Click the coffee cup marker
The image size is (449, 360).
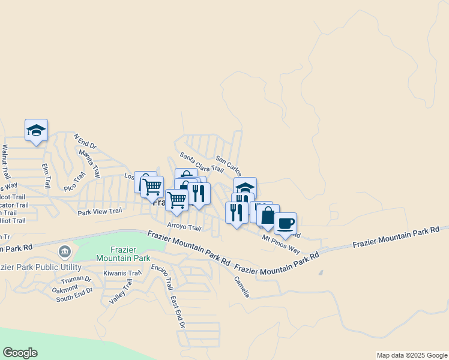pos(285,224)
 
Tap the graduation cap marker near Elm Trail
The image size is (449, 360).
pos(36,130)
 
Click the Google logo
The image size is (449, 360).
pos(20,353)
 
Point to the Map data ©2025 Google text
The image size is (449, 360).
pos(411,355)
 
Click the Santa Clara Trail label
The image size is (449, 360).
pos(201,163)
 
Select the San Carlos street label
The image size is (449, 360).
pos(229,167)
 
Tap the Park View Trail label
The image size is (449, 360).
pos(100,211)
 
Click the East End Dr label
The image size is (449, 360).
pos(178,312)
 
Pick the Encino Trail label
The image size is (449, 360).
pos(162,277)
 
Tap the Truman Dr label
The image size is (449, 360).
pos(76,280)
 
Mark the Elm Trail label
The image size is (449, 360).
pos(44,175)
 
